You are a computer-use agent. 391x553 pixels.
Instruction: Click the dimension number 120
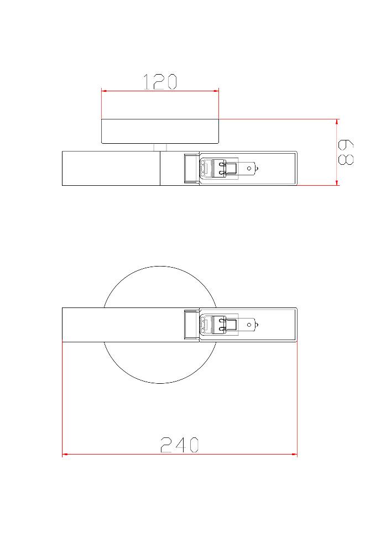(160, 82)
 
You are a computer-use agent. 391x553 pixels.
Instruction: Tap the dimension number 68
(346, 153)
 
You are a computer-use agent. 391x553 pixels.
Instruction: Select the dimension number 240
(180, 445)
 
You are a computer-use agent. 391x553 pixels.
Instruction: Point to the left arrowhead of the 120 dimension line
(104, 91)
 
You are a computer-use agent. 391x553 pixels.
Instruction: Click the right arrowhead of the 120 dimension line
(216, 91)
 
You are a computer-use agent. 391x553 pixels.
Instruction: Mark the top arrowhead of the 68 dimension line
(337, 122)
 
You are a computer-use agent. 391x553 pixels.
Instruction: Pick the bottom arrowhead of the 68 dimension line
(337, 182)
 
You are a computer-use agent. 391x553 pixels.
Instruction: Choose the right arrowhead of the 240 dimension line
(294, 454)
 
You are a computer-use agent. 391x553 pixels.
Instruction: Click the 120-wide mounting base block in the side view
(160, 131)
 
